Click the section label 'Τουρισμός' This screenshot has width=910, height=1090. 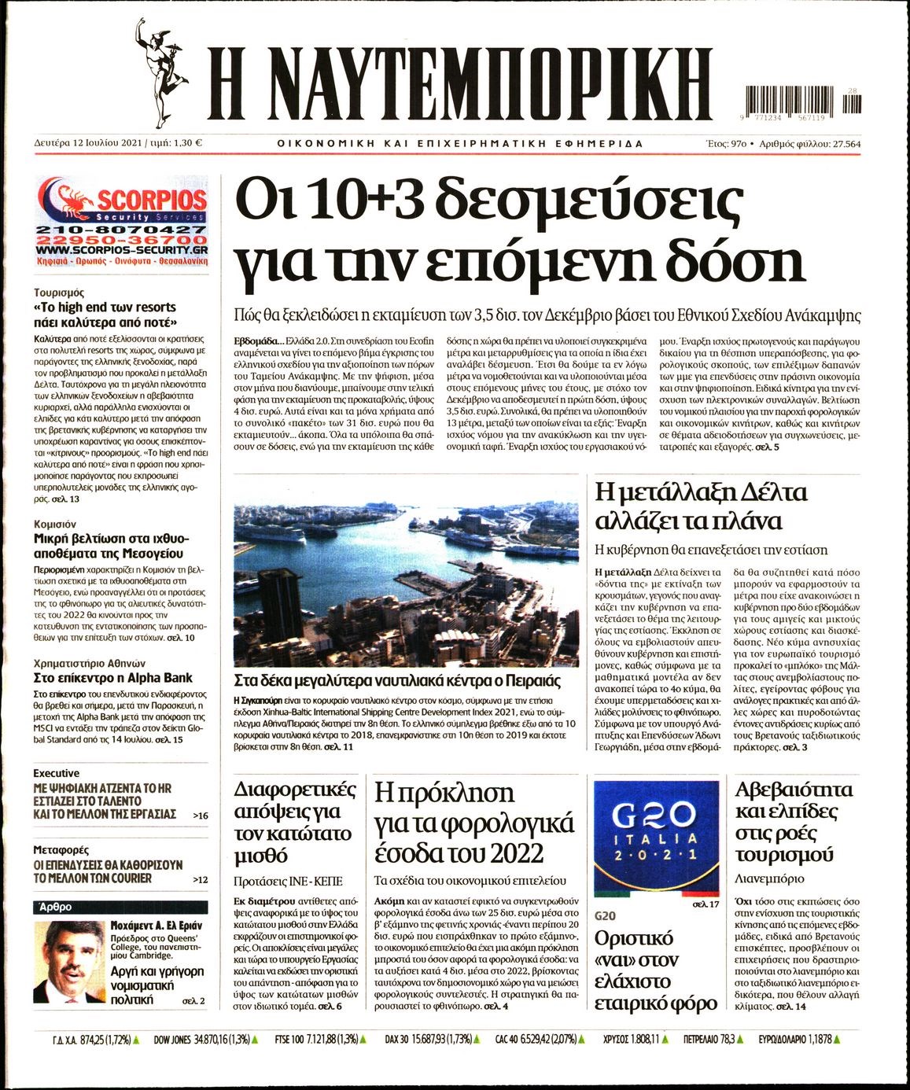coord(59,293)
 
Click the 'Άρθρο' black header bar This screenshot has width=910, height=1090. coord(120,907)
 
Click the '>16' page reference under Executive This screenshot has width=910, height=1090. coord(201,816)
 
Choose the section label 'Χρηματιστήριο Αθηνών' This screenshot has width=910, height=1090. coord(89,663)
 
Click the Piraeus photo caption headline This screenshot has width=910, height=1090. coord(397,681)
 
